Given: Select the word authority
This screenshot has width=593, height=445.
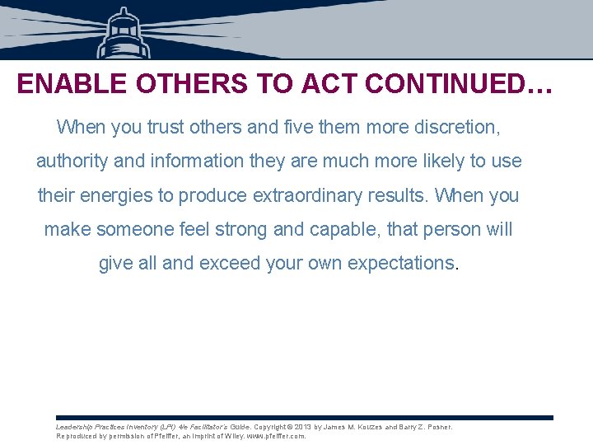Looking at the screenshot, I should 72,162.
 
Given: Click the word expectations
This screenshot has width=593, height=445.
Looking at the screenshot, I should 401,263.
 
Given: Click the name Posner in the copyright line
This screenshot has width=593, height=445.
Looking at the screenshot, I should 437,427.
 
